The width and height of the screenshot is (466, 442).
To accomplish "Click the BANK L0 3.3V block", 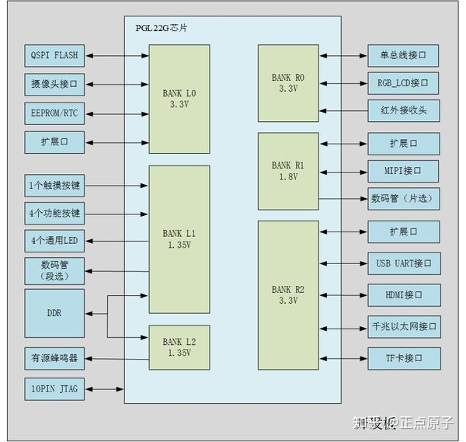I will click(x=179, y=99).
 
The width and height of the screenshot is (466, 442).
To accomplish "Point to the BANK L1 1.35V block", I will click(x=179, y=238).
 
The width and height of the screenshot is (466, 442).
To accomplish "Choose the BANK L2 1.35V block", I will click(x=179, y=346).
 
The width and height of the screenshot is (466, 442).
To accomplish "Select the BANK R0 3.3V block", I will click(x=288, y=83).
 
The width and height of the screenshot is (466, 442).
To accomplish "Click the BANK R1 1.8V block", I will click(x=288, y=171).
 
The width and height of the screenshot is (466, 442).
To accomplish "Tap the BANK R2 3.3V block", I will click(x=288, y=294).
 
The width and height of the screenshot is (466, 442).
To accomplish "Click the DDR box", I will click(x=54, y=313).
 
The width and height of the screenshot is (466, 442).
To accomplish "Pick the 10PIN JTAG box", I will click(x=54, y=387).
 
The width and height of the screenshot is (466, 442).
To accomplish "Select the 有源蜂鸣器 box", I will click(x=54, y=358).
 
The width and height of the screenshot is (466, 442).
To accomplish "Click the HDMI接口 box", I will click(x=404, y=295).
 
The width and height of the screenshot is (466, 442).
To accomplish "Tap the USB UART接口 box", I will click(x=404, y=263).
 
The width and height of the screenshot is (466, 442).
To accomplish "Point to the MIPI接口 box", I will click(x=404, y=171).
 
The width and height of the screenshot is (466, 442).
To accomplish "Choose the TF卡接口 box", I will click(x=404, y=358).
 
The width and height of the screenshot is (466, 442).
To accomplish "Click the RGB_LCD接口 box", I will click(x=404, y=82).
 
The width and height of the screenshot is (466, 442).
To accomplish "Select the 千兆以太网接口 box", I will click(x=404, y=326).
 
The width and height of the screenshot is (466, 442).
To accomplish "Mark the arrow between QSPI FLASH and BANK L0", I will click(x=117, y=56).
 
